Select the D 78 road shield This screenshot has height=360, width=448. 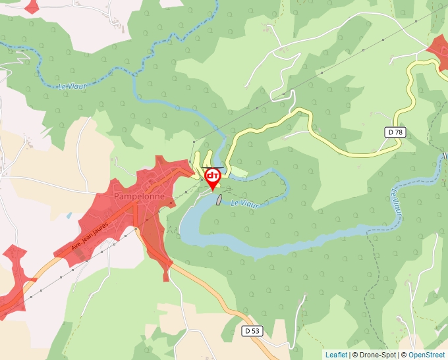coord(395,132)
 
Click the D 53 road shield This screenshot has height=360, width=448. coord(252,330)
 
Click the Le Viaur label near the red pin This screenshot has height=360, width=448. coord(245,204)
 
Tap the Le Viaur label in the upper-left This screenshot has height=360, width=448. coord(72,86)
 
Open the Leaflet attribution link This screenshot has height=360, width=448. coord(336,355)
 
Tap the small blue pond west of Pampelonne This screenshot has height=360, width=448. coord(69,215)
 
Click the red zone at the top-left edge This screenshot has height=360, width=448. coord(32,5)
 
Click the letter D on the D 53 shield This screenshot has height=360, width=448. coord(246,330)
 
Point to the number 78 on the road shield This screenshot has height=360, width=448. coord(397,132)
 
